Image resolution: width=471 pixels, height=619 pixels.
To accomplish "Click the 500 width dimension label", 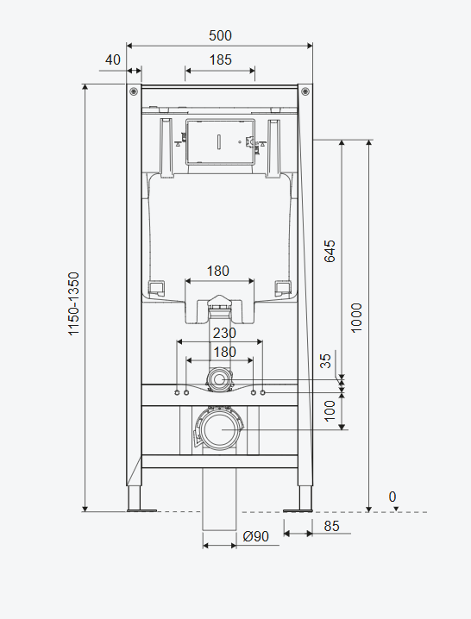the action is (220, 35).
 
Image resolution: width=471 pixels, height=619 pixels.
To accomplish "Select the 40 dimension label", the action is (113, 59).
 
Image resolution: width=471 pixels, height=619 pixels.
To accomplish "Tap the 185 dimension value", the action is (220, 59).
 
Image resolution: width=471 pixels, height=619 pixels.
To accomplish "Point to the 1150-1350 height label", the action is (74, 303).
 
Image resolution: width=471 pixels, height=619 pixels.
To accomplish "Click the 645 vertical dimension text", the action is (330, 251).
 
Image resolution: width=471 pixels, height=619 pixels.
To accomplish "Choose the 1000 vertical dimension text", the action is (356, 318).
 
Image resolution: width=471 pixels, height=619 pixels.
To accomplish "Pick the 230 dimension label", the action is (224, 333).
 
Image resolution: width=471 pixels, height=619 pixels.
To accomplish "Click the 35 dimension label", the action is (325, 361).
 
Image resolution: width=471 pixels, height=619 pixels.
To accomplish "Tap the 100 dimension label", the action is (330, 410).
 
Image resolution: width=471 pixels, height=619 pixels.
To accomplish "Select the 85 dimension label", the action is (331, 526).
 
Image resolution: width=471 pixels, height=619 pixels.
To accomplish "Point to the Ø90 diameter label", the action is (255, 536).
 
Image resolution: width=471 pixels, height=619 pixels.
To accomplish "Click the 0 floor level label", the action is (392, 497).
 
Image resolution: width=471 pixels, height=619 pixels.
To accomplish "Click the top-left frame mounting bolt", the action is (134, 91).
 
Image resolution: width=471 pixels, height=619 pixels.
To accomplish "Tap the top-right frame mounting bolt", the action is (305, 91).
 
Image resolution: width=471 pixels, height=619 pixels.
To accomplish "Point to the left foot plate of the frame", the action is (141, 511).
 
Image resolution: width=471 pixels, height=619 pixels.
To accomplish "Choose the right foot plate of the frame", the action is (298, 511).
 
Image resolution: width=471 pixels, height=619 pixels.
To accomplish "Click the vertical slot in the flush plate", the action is (219, 141).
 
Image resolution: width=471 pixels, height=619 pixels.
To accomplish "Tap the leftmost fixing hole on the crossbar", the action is (177, 392).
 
